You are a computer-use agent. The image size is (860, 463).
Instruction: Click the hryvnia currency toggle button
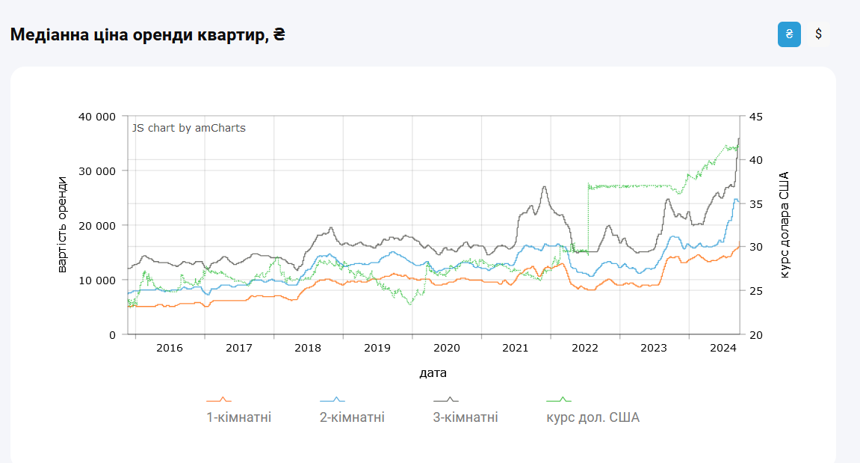point(789,34)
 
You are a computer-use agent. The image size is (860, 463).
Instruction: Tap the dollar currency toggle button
point(819,34)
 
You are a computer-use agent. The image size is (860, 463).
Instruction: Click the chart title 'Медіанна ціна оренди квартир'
point(147,34)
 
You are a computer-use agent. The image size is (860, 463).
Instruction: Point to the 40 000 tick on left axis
point(96,117)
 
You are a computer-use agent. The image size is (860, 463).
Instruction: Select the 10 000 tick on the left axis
point(96,280)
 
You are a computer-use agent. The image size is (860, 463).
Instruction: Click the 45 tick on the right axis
point(755,117)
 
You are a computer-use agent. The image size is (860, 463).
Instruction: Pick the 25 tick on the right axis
point(755,291)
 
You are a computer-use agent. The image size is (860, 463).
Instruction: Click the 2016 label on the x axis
point(170,348)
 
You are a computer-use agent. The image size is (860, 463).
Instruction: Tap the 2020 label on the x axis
point(446,348)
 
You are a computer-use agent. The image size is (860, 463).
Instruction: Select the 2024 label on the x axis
point(723,348)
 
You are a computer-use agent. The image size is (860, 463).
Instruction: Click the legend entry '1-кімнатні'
point(238,417)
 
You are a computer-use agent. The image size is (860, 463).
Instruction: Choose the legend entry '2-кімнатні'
point(352,417)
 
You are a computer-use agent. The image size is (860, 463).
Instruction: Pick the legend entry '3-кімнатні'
point(465,417)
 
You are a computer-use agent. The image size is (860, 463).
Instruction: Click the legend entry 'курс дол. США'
point(593,417)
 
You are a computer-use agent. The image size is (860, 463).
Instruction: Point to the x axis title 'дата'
point(433,372)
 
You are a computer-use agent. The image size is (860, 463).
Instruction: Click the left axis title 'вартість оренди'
point(63,224)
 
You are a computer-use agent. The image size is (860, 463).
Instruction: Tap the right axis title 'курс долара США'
point(785,224)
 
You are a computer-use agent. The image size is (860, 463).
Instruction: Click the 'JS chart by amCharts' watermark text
point(189,128)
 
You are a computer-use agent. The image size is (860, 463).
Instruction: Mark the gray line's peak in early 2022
point(545,186)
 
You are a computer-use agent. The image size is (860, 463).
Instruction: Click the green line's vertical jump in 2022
point(588,217)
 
